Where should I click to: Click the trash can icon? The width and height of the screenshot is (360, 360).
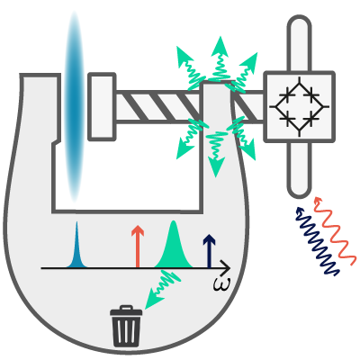point(126,326)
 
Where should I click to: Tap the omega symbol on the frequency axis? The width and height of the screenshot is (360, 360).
point(222,283)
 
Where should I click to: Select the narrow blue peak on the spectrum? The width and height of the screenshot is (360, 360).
point(76,246)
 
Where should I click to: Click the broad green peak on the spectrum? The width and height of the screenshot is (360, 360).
point(173,245)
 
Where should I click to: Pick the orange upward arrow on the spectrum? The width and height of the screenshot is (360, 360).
point(138,246)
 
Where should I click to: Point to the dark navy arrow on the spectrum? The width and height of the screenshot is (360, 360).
point(210,251)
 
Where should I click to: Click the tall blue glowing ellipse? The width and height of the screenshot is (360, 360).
point(74,106)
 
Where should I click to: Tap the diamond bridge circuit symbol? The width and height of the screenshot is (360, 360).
point(299,106)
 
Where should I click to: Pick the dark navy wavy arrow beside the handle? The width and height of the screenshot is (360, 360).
point(317,240)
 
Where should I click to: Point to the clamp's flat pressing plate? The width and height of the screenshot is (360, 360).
point(102,106)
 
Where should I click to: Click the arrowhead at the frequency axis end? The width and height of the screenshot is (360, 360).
point(226,268)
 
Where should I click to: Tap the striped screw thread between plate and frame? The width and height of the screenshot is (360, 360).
point(158,107)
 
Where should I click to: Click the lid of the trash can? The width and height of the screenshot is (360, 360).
point(126,310)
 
